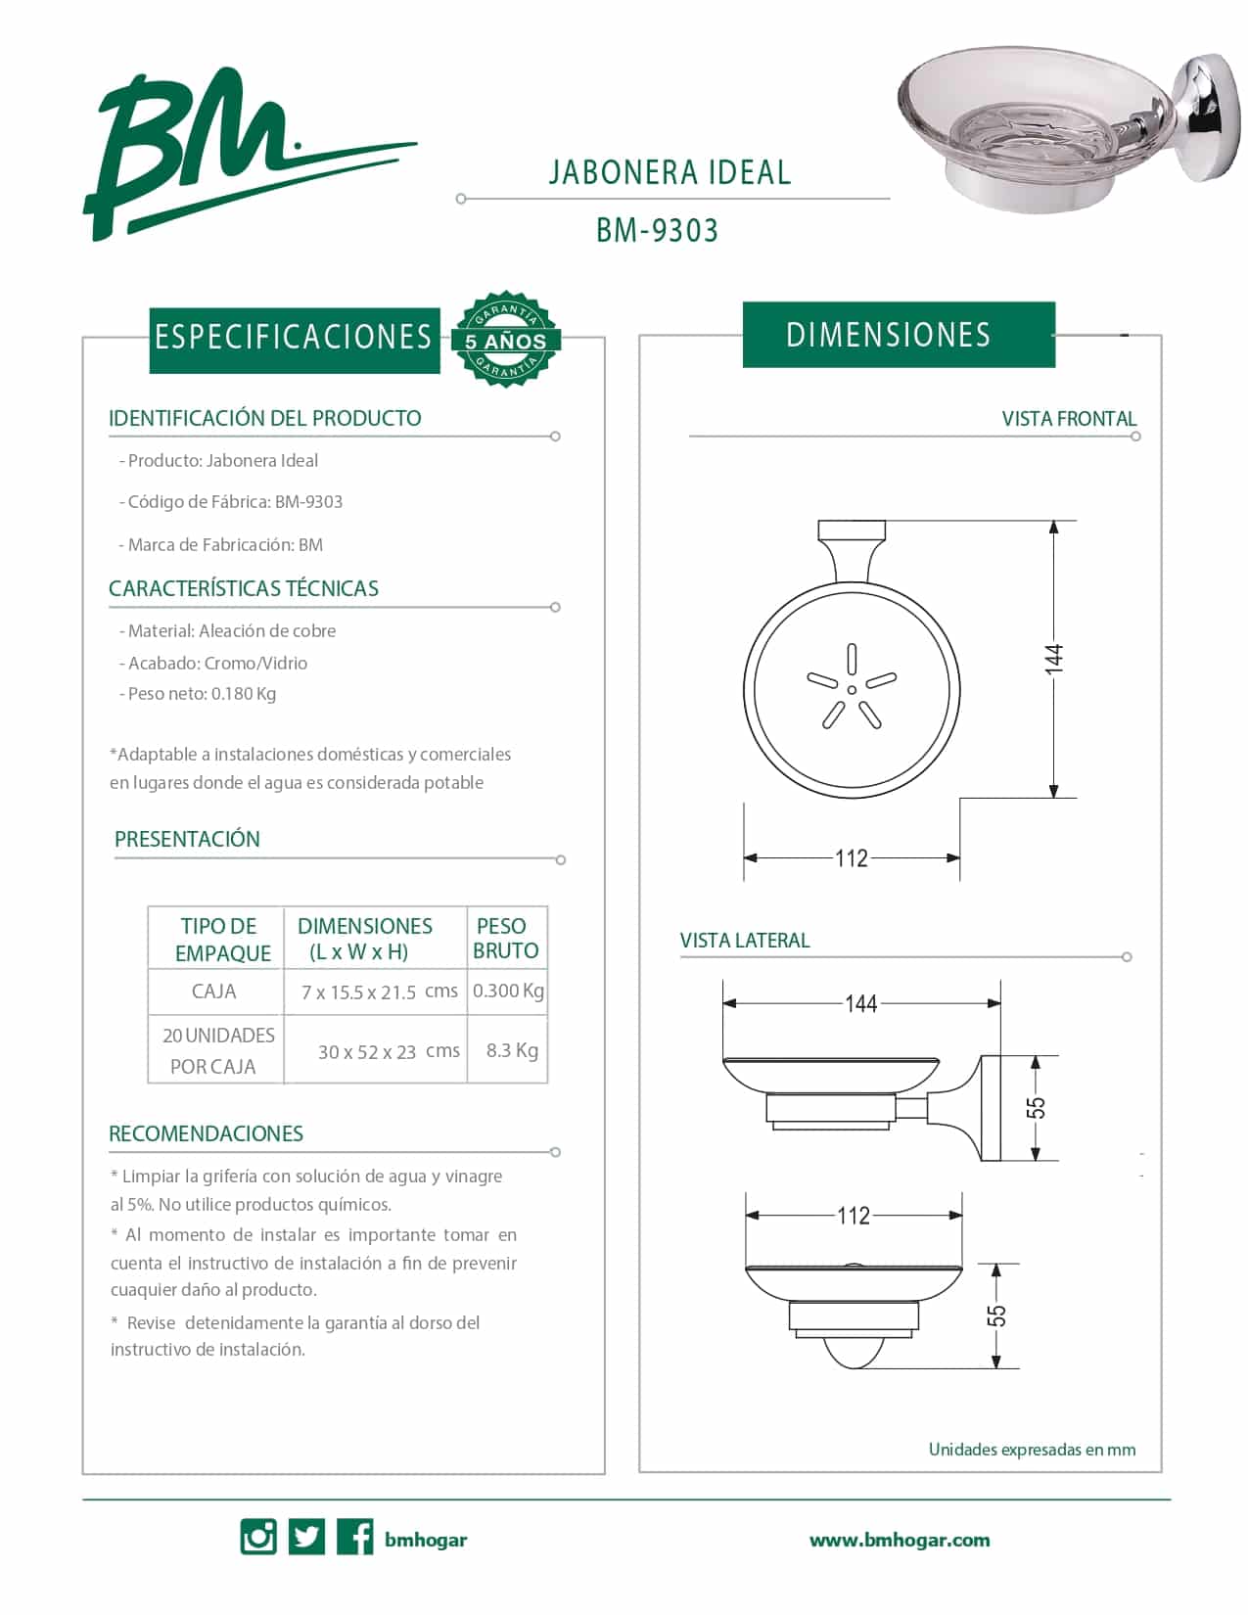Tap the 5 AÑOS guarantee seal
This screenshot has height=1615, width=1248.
(x=505, y=339)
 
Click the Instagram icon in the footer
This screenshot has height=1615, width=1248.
(x=258, y=1537)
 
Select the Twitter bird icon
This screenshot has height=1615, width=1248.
(x=306, y=1537)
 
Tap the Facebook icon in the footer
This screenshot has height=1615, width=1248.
(x=354, y=1537)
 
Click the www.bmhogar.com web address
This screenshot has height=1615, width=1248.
(x=899, y=1540)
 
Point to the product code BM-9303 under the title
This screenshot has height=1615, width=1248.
(x=657, y=231)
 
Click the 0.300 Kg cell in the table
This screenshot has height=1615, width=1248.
(x=508, y=991)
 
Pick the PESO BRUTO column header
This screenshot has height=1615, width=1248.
(x=505, y=938)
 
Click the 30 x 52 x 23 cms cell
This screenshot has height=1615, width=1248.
(x=389, y=1051)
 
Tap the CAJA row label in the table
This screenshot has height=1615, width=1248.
(x=214, y=992)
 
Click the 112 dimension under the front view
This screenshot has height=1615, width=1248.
(x=852, y=858)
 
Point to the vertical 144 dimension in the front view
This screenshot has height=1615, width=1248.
(x=1053, y=658)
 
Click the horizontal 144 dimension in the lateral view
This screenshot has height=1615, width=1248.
(x=861, y=1003)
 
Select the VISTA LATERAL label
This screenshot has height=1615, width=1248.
(x=745, y=941)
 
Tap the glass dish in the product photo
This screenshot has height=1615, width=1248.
(x=1018, y=122)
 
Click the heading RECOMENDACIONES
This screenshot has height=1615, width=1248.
(x=206, y=1133)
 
